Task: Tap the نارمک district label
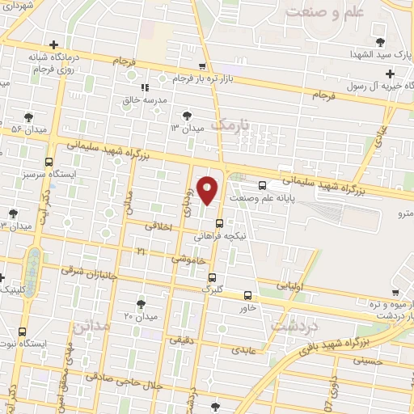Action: tap(234, 124)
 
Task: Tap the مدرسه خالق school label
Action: tap(166, 99)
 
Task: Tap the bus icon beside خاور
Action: tap(247, 295)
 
